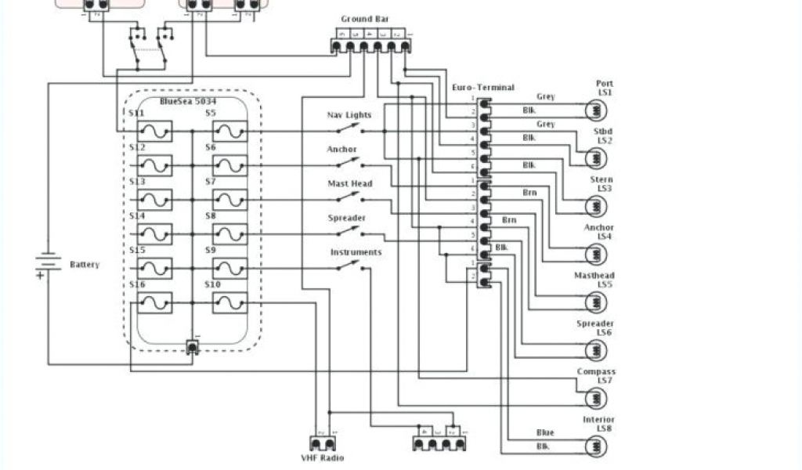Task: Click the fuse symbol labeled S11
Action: [x=154, y=131]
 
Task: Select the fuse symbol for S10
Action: [x=229, y=302]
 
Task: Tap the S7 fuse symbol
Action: [x=229, y=200]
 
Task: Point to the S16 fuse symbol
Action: [x=154, y=302]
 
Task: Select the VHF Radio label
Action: [x=323, y=458]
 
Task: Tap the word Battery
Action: [x=85, y=265]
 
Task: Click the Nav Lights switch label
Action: [x=349, y=115]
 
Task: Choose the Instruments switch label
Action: [x=356, y=252]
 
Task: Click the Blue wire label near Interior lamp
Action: [x=545, y=433]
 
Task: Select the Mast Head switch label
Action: [x=349, y=183]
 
